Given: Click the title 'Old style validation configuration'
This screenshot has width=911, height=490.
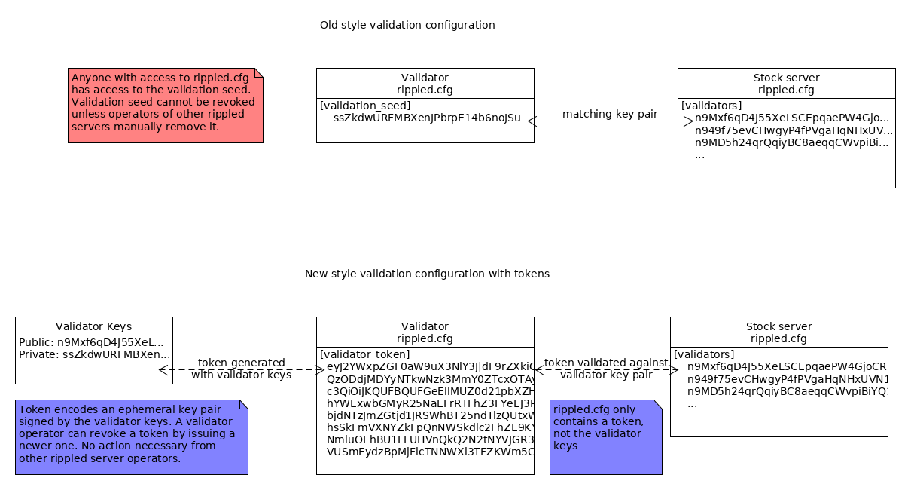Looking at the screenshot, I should tap(407, 25).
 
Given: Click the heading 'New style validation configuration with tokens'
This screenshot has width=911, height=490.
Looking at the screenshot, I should tap(427, 274).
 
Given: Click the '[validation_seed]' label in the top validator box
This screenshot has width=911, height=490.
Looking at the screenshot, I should tap(365, 106).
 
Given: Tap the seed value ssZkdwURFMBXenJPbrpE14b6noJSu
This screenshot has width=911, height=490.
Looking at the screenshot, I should tap(427, 118).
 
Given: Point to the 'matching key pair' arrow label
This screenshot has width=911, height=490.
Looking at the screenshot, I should tap(610, 114).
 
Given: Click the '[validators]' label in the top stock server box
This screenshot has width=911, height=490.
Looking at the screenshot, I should tap(711, 106).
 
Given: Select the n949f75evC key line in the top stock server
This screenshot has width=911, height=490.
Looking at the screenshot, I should tap(793, 130).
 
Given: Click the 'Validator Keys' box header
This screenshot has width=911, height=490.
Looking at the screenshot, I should tap(93, 326).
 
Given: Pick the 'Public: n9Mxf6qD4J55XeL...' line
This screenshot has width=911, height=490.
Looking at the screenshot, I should tap(91, 341).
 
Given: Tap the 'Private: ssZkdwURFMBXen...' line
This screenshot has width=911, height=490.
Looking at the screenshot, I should tap(94, 354).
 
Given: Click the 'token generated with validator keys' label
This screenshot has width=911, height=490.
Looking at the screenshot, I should tap(241, 369).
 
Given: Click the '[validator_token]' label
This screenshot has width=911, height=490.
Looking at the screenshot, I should tap(365, 354).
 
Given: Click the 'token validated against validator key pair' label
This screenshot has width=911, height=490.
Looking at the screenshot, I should tap(606, 369).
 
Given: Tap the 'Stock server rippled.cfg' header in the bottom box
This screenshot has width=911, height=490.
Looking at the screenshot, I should tap(778, 332).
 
